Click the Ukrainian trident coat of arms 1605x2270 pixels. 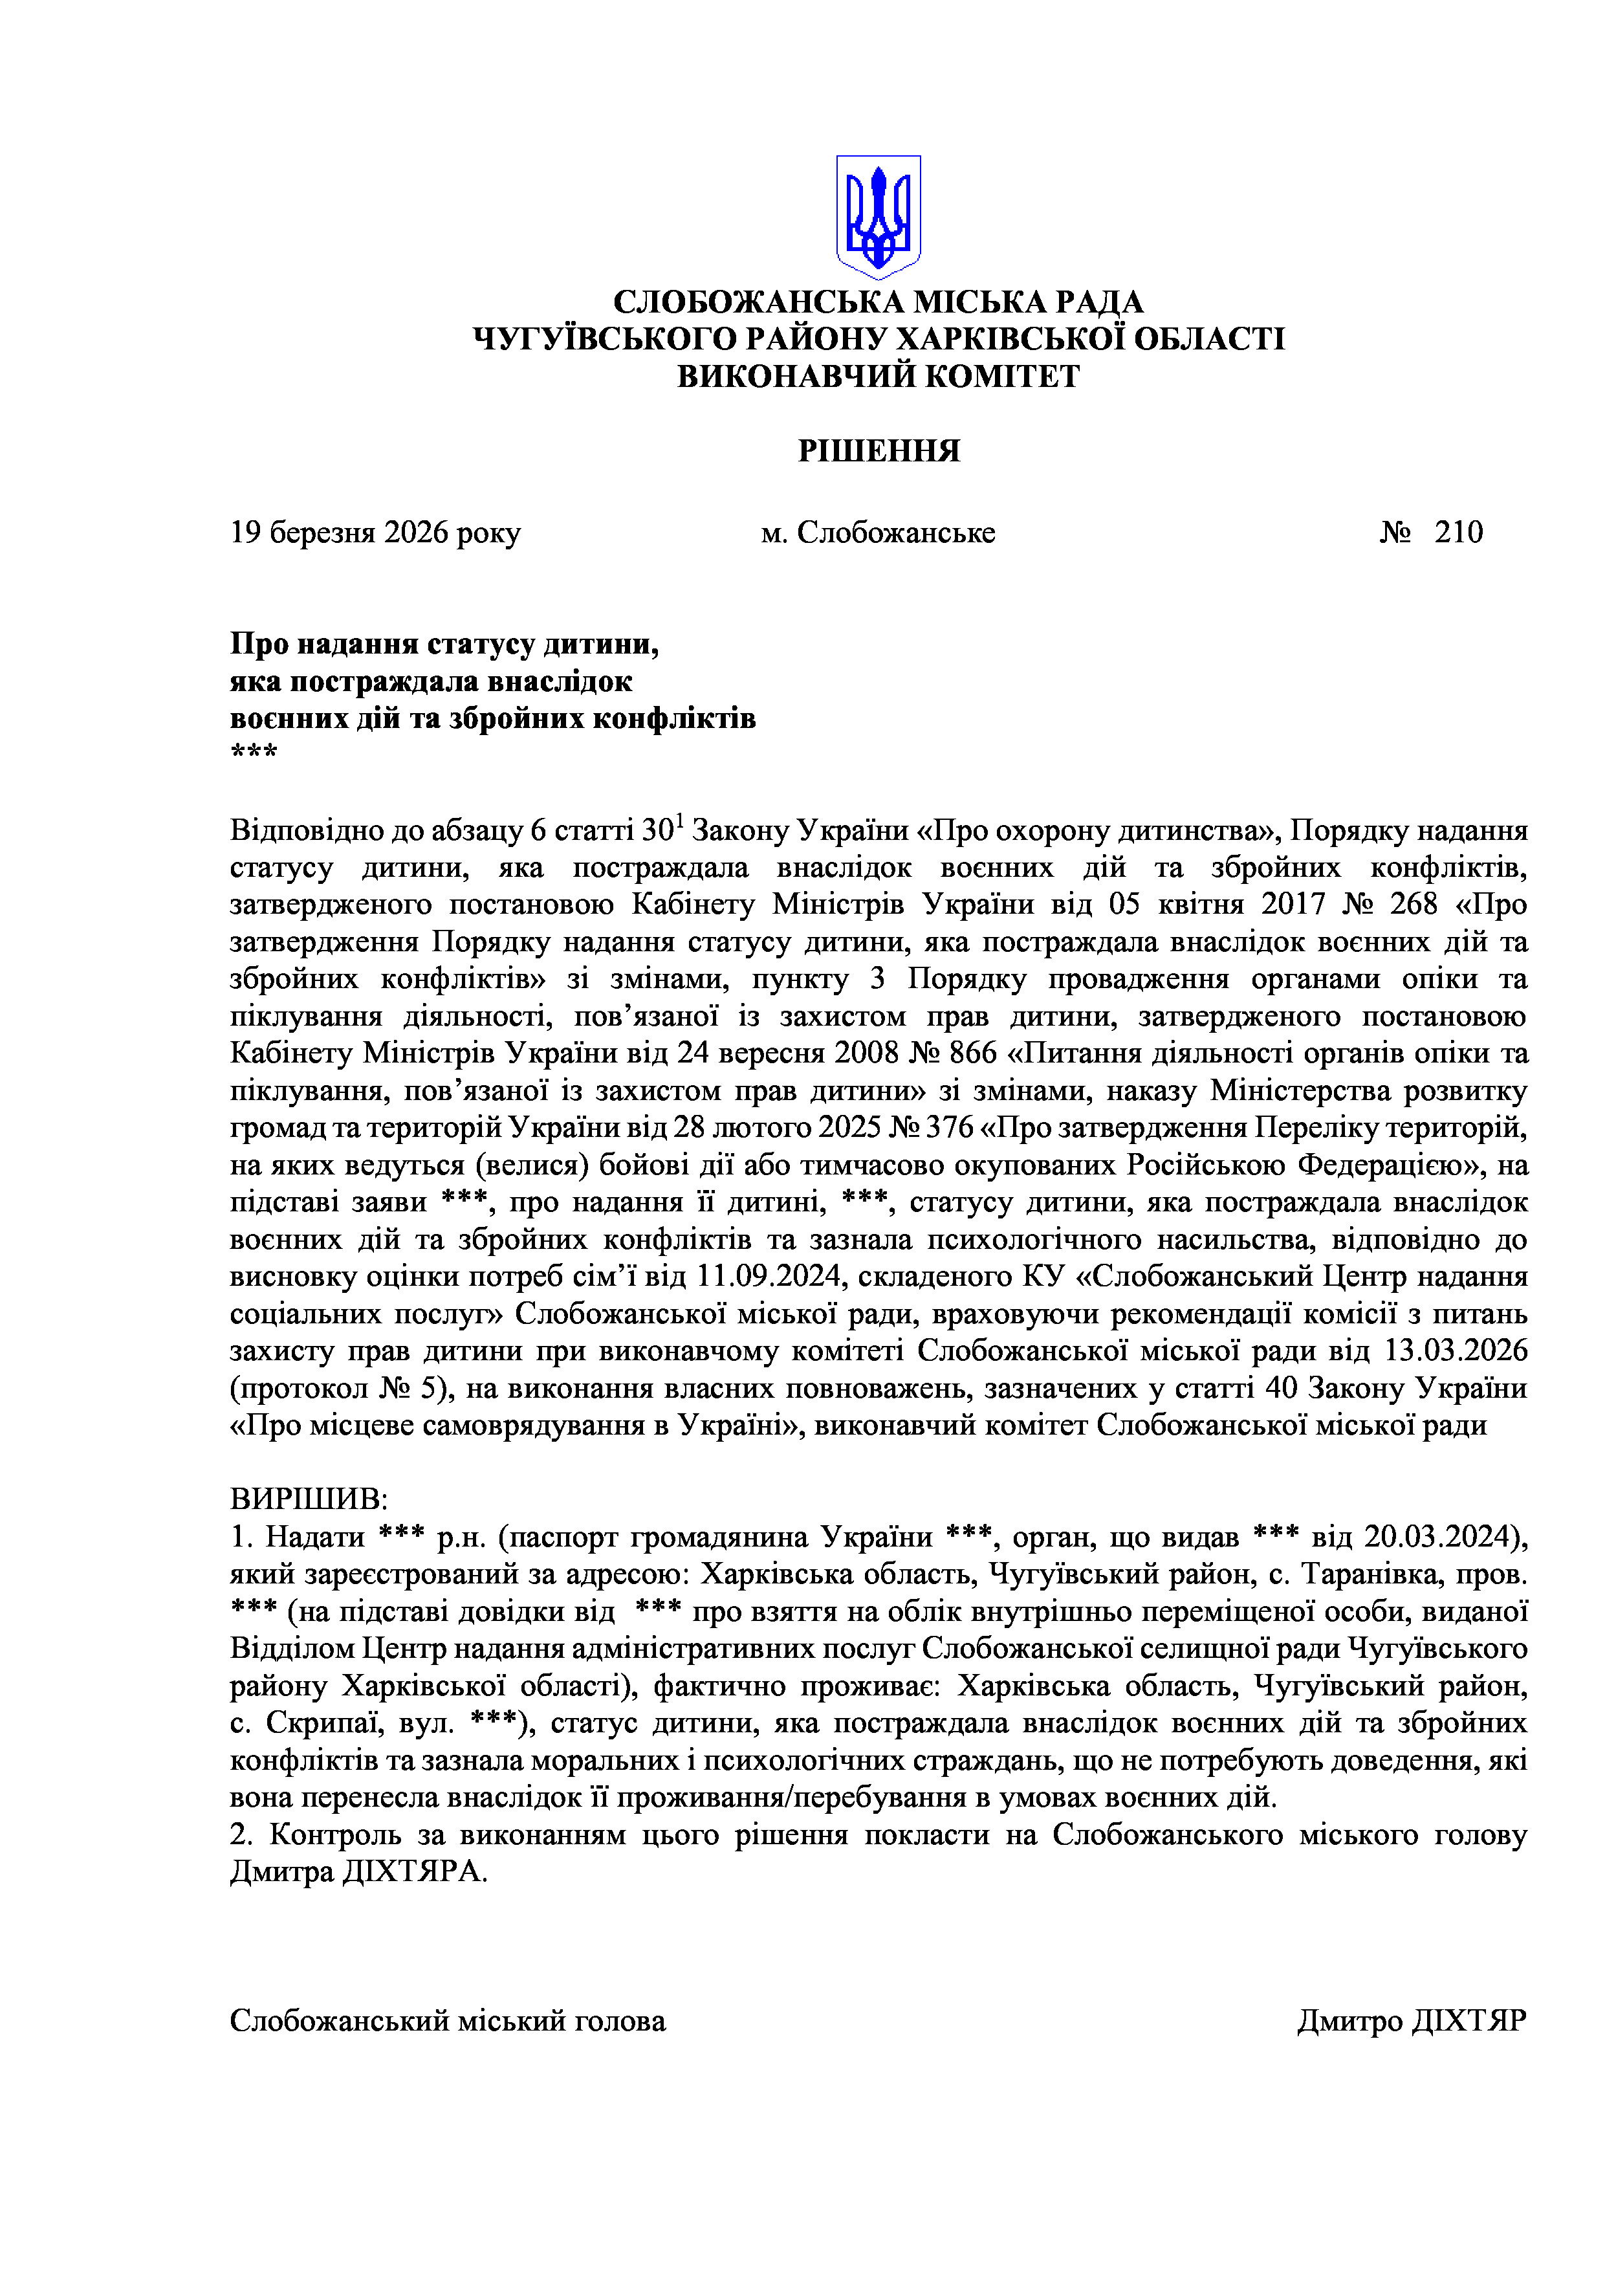coord(878,215)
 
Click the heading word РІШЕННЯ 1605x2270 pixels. coord(879,451)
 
